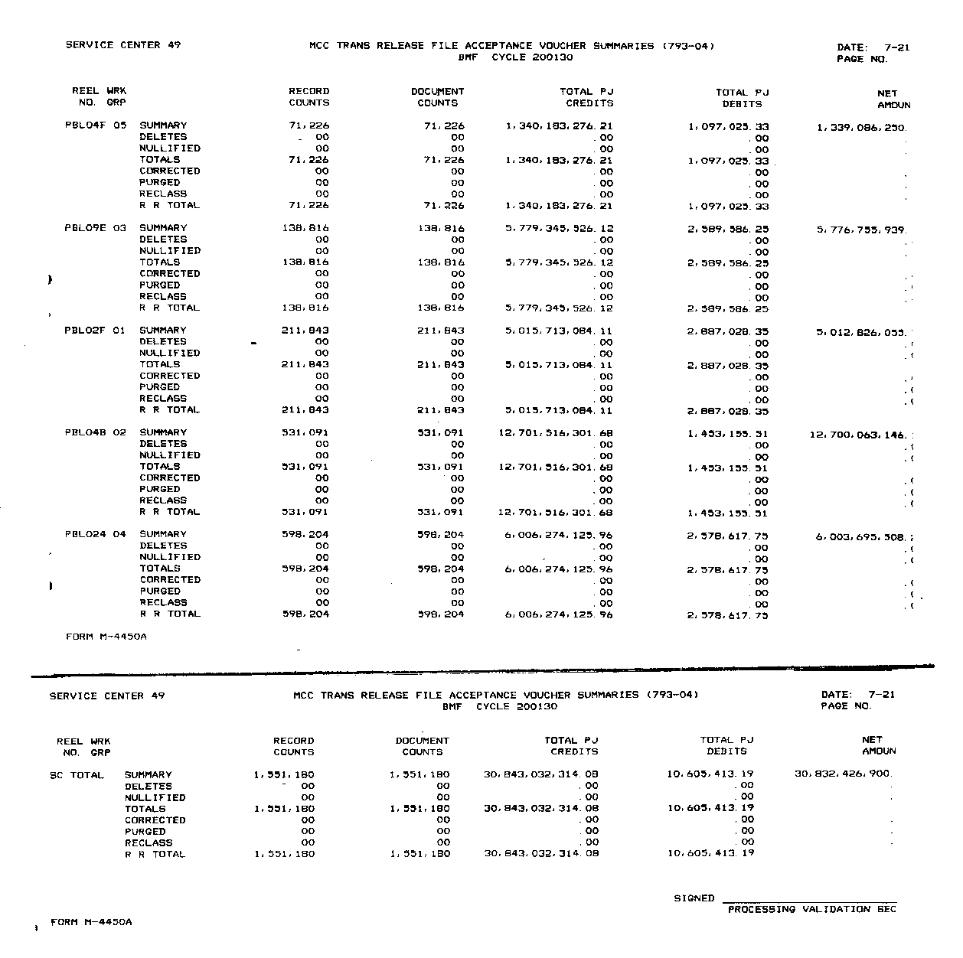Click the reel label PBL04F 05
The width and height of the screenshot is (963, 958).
tap(96, 125)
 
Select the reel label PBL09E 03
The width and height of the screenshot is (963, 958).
tap(96, 228)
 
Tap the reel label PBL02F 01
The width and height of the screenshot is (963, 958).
tap(95, 331)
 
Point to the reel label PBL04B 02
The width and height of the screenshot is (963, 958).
tap(95, 432)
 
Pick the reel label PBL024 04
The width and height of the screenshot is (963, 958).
tap(95, 535)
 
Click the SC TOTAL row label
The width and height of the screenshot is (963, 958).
tap(77, 775)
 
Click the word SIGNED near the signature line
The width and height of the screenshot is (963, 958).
tap(694, 898)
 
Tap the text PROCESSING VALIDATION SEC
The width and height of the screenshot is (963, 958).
tap(811, 910)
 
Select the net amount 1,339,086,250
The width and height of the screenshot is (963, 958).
tap(861, 129)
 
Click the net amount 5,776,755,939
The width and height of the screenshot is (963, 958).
tap(861, 230)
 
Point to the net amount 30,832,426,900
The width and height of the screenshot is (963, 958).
tap(843, 774)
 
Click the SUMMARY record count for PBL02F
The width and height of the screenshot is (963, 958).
tap(305, 331)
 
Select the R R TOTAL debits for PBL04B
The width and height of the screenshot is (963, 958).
tap(728, 513)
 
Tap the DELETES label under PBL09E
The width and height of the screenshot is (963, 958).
tap(164, 239)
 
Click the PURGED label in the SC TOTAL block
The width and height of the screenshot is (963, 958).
tap(145, 832)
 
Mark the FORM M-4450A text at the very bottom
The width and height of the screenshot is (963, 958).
tap(91, 922)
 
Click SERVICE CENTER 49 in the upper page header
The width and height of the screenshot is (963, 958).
tap(123, 45)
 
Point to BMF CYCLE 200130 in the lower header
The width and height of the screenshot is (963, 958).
tap(500, 707)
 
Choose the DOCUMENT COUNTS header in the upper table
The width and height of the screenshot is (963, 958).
tap(438, 97)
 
